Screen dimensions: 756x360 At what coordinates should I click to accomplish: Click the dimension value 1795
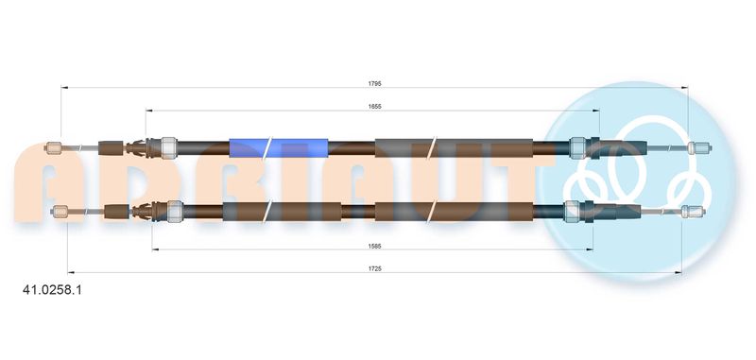tap(374, 83)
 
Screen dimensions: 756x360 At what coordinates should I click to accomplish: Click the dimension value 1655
tap(374, 107)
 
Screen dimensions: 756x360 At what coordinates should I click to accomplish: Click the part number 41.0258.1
tap(53, 290)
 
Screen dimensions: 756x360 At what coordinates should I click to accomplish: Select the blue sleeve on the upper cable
tap(278, 148)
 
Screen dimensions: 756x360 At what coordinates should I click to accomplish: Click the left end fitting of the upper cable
tap(52, 148)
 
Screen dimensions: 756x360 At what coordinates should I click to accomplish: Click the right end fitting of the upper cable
tap(699, 148)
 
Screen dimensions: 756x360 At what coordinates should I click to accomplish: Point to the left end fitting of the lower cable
tap(60, 211)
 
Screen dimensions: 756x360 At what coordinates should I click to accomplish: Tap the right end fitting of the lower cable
tap(693, 211)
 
